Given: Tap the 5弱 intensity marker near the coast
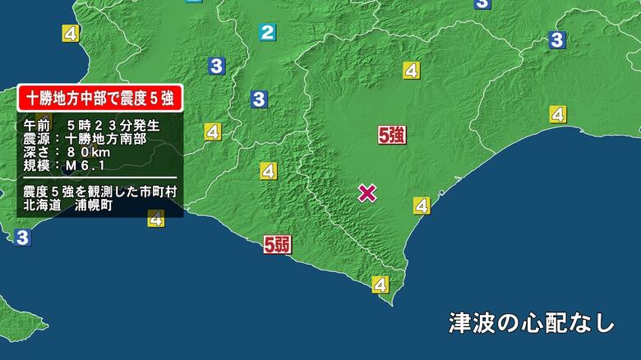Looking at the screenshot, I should pos(276,244).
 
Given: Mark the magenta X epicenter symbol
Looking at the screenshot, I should pos(367,193).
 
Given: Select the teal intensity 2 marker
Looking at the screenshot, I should pos(267,33).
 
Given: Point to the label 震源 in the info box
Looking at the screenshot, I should pos(37,139).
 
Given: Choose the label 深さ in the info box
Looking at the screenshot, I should pos(37,153).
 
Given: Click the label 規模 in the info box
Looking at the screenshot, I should pos(37,167).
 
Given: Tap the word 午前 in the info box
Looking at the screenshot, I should pos(37,126).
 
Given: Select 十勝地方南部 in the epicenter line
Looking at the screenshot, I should pos(105,139).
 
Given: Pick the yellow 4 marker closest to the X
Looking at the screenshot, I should pos(422,205).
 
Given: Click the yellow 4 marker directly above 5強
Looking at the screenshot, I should pos(410,71).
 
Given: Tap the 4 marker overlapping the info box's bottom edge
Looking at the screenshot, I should pos(156,219).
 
